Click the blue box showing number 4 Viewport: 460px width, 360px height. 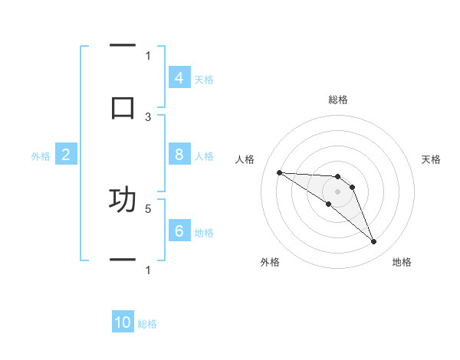(179, 77)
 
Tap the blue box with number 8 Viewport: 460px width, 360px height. (179, 155)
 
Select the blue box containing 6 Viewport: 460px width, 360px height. (179, 231)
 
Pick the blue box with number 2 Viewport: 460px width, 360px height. (66, 155)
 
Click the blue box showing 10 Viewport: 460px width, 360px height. (123, 322)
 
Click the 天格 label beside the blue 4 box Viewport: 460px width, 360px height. (204, 79)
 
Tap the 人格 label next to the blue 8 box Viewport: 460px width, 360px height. (204, 155)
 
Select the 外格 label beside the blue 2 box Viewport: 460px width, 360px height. (41, 156)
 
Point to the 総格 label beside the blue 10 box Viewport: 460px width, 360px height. (147, 324)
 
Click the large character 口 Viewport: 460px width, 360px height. (123, 106)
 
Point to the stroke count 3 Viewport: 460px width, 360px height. (148, 117)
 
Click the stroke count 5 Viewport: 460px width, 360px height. (148, 208)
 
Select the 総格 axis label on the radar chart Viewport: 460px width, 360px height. (338, 100)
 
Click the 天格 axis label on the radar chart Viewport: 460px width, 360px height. (432, 159)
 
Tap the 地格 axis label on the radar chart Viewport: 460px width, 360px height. (402, 262)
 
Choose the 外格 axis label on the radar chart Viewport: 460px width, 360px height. (270, 262)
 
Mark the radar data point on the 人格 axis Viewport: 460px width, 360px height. (279, 172)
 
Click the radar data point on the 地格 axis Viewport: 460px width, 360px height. (373, 242)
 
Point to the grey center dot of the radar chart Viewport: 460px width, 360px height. (338, 191)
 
